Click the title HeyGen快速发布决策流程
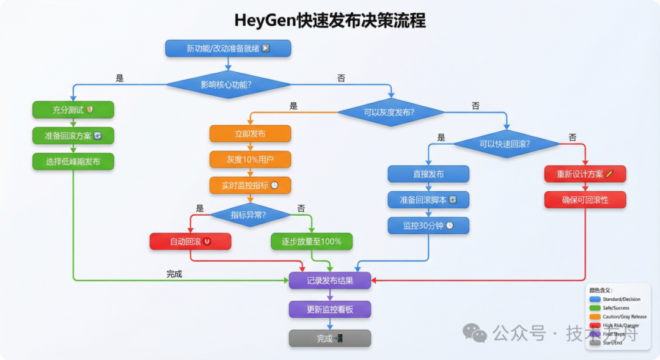pos(330,20)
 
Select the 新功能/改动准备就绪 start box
pos(228,48)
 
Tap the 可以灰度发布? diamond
pos(391,112)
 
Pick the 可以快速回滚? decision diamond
pos(506,144)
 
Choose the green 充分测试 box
pos(73,110)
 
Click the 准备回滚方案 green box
pos(73,136)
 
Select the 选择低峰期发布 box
pos(73,161)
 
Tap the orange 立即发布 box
pos(250,134)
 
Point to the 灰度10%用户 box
pos(250,160)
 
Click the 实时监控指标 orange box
pos(250,185)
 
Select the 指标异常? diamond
pos(251,215)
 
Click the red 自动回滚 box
pos(190,241)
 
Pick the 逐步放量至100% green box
pos(312,241)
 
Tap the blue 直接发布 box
pos(428,174)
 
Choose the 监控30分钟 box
pos(428,226)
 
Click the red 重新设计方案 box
pos(585,174)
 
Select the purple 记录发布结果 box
pos(329,281)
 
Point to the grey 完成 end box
pos(329,339)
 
